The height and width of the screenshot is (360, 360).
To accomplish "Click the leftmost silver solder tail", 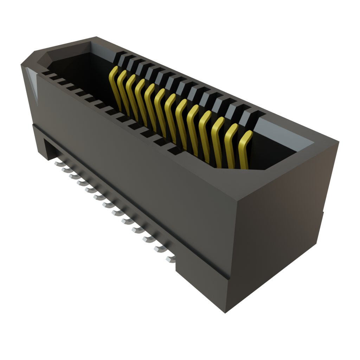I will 57,163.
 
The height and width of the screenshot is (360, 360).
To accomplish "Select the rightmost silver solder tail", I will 170,259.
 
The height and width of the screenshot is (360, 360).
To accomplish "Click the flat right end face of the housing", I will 281,225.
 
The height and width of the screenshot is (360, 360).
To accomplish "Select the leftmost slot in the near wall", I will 45,73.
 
